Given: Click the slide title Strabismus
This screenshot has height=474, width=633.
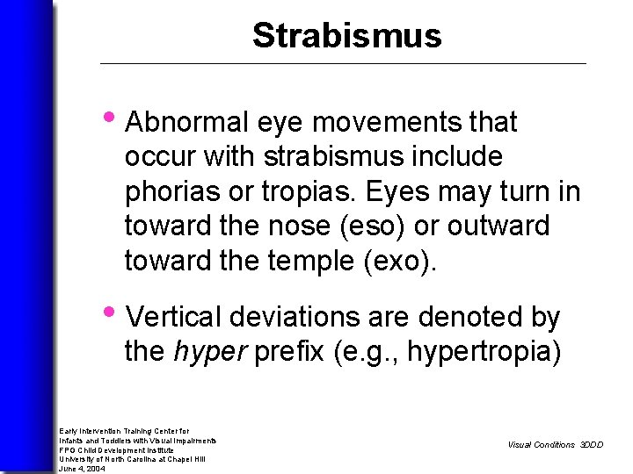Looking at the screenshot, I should pyautogui.click(x=346, y=36).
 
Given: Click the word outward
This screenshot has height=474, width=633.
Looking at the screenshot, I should pyautogui.click(x=498, y=226).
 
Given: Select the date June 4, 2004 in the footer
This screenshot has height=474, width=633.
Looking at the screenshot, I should pyautogui.click(x=82, y=469).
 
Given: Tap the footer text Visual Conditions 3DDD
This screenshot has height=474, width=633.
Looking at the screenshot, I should pyautogui.click(x=555, y=445).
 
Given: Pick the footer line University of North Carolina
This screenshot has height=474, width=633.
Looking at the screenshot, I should pyautogui.click(x=132, y=459).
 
